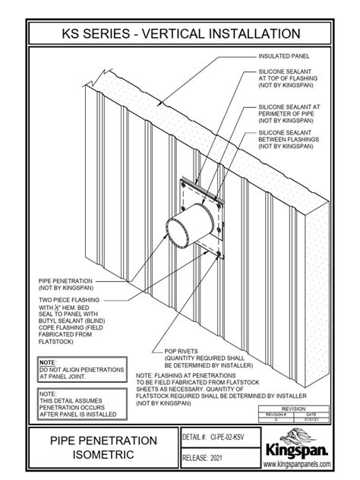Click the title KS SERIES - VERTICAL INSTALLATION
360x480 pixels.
180,33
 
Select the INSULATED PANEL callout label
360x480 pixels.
284,56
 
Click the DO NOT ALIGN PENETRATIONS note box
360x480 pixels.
81,370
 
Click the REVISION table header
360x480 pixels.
295,408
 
